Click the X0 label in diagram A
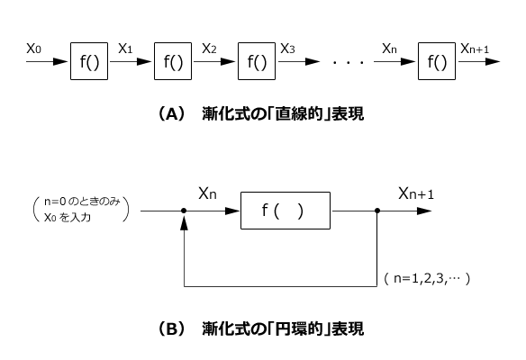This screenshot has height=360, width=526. pos(34,50)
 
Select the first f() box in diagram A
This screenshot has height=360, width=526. pos(88,63)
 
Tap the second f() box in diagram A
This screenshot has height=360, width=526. pos(173,63)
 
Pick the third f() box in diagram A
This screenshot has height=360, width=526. pos(257,63)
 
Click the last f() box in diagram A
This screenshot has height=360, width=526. pos(437,63)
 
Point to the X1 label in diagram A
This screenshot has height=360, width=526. pos(126,50)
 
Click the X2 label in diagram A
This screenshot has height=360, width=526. pos(209,50)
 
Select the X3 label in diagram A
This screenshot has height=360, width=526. pos(288,50)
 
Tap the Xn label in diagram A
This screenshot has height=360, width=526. pos(389,50)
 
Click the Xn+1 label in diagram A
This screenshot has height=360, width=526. pos(476,50)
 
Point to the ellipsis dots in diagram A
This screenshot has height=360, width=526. pos(347,64)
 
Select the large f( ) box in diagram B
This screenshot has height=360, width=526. pos(286,212)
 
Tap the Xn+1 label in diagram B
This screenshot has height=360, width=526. pos(417,193)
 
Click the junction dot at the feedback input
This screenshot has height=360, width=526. pos(185,213)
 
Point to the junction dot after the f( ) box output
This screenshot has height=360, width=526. pos(376,213)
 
